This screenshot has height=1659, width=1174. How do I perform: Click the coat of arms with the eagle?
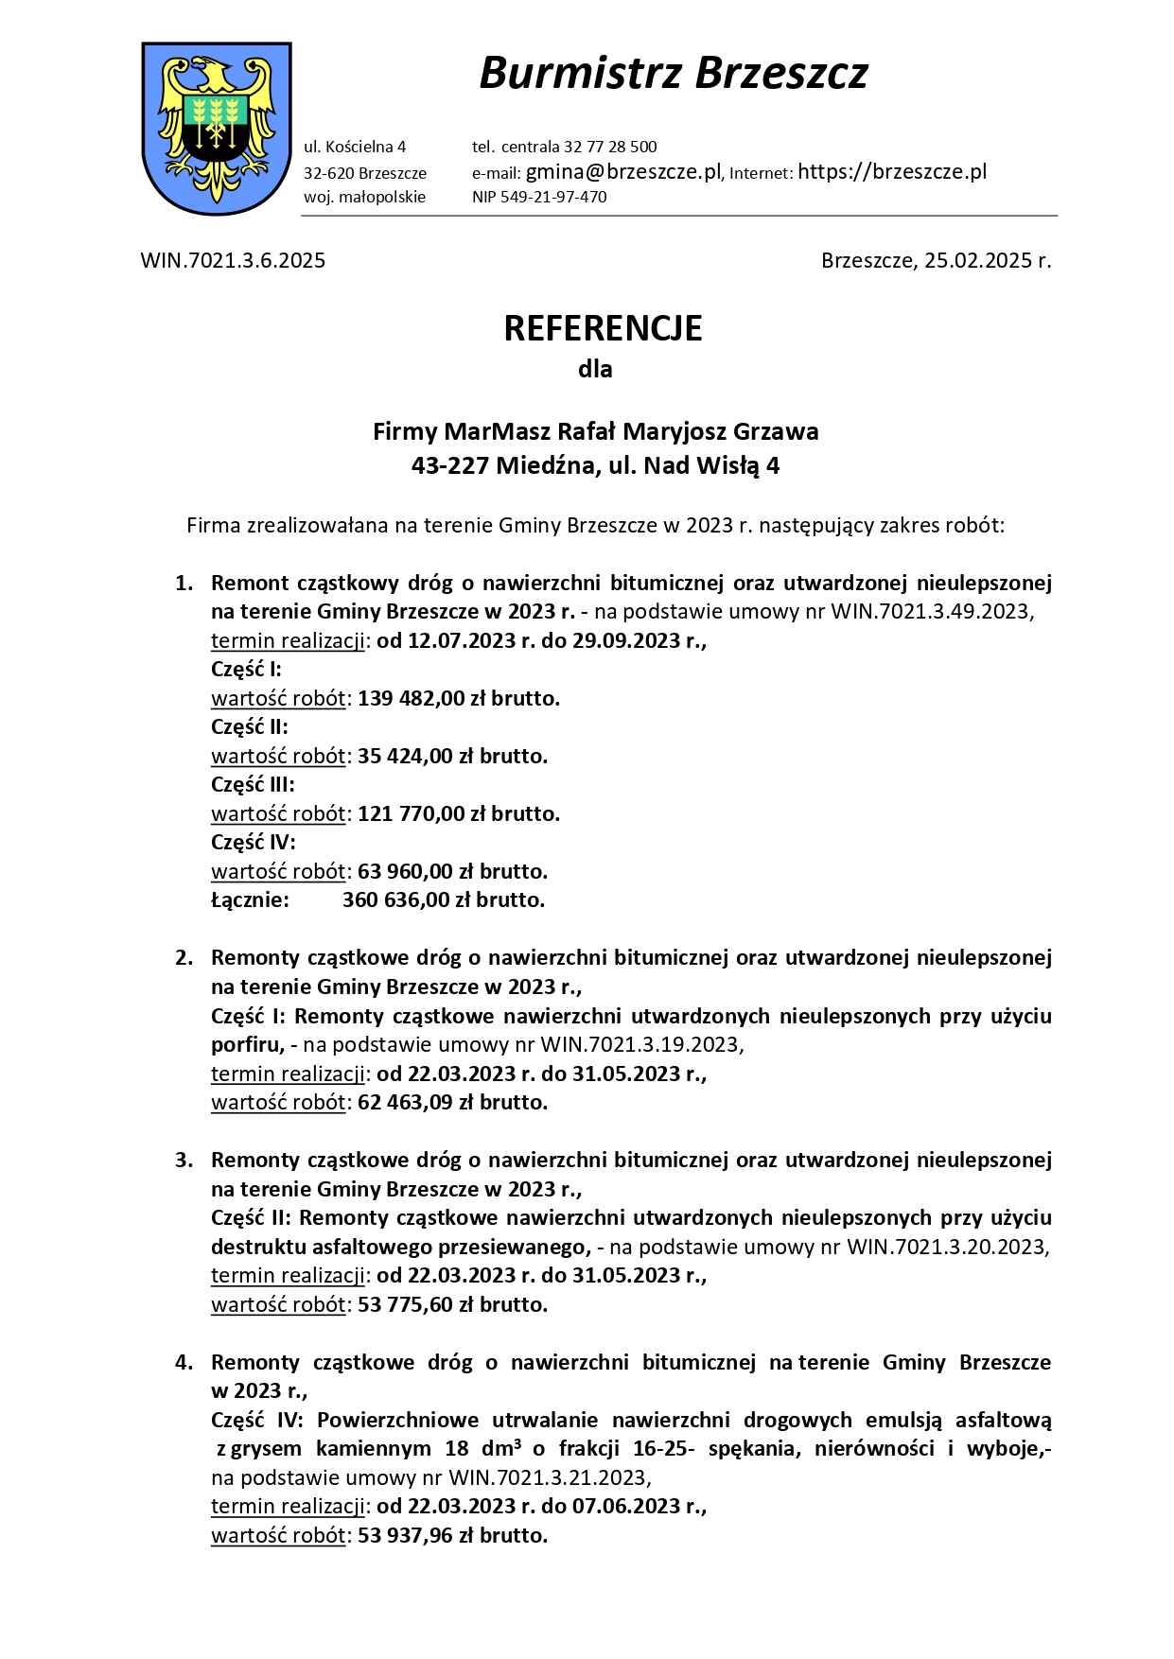216,128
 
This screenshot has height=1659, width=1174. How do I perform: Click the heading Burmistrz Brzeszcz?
673,73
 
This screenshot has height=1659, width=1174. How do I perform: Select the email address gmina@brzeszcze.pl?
623,172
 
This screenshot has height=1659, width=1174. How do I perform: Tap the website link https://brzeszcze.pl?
892,172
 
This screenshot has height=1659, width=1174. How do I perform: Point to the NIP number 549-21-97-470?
553,197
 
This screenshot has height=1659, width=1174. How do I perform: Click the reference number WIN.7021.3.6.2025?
233,261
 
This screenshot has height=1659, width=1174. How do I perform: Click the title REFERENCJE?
603,328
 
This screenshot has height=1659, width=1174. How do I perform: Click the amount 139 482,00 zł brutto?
459,698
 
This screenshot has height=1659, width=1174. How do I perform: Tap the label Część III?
253,784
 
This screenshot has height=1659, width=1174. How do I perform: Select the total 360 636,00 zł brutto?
444,899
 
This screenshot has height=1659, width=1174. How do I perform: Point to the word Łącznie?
250,899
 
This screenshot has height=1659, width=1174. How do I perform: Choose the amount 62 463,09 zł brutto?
452,1102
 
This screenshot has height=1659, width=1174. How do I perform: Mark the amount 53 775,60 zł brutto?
452,1304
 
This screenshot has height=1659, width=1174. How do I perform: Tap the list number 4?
183,1362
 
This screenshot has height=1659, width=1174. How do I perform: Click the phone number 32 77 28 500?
610,147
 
